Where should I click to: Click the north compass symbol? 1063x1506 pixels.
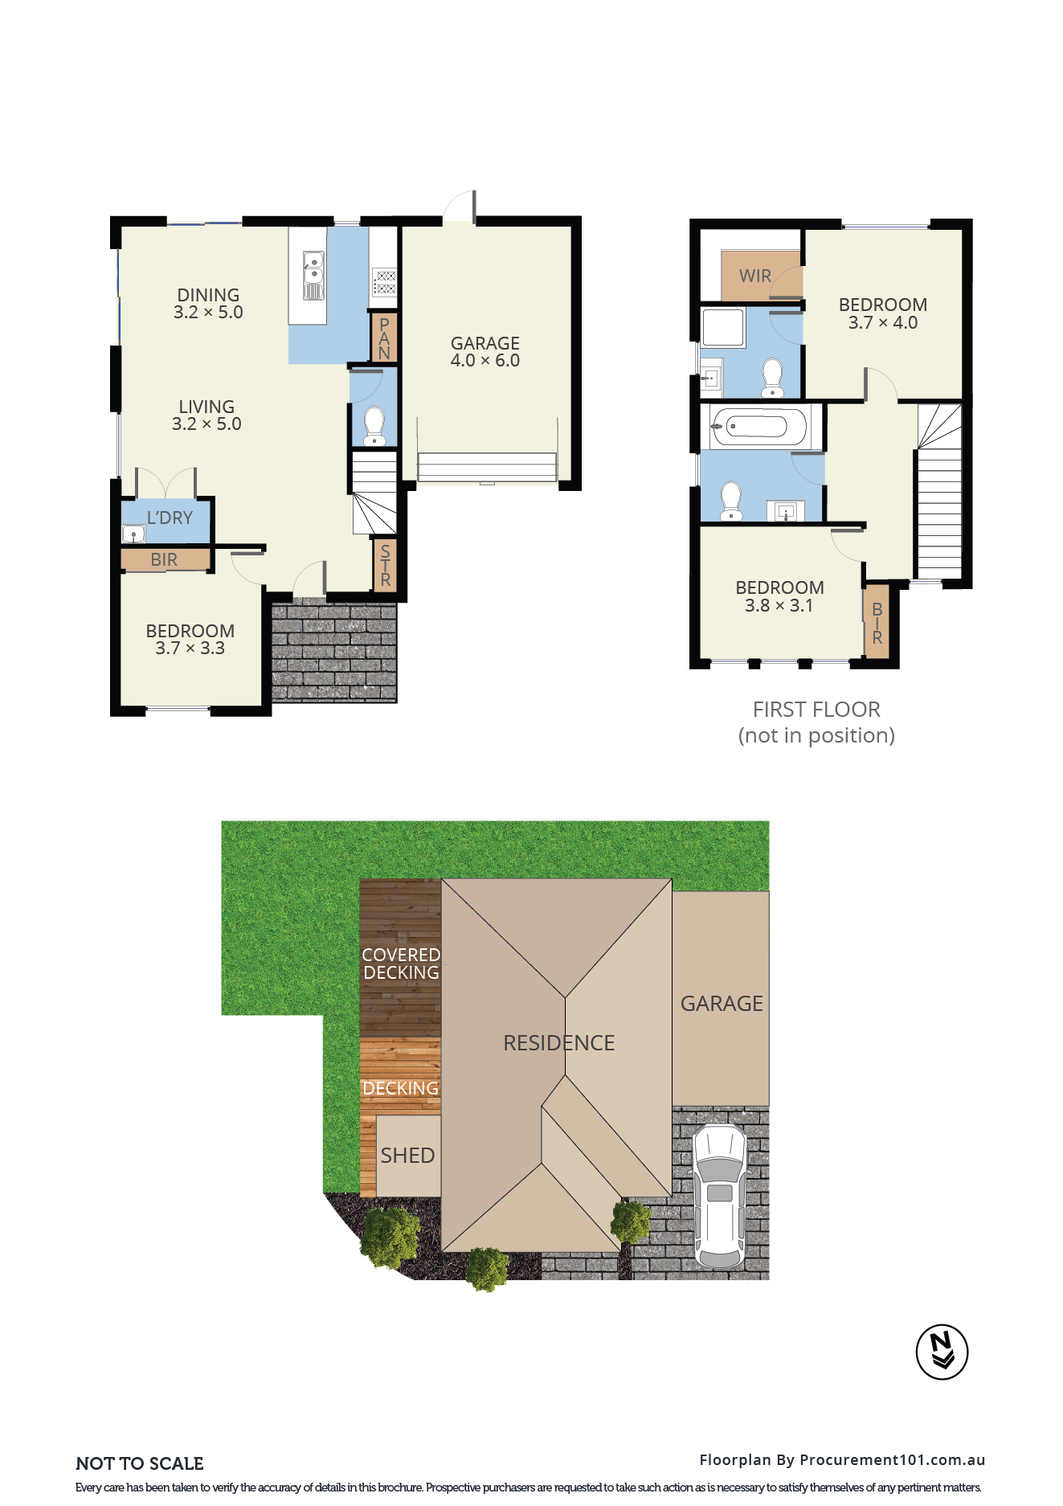(942, 1352)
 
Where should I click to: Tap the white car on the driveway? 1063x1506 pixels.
(720, 1196)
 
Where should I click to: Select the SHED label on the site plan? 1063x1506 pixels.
(407, 1156)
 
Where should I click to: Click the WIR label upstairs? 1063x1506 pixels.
(754, 276)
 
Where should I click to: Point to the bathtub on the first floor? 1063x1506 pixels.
(759, 427)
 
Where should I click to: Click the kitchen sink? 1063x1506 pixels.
(313, 275)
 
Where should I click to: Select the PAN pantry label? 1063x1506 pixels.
(384, 338)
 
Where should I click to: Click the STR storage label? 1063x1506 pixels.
(385, 565)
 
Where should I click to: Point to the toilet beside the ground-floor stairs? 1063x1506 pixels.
(374, 425)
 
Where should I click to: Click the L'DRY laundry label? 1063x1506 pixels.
(170, 518)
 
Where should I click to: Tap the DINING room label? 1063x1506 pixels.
(208, 295)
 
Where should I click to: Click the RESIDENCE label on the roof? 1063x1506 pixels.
(558, 1043)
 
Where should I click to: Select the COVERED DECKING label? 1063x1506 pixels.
(401, 964)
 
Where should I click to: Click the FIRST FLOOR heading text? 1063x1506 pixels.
(816, 710)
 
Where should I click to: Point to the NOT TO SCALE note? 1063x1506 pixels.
(140, 1463)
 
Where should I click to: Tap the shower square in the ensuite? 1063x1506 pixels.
(723, 327)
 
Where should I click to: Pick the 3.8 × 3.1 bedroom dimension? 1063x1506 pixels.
(779, 606)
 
